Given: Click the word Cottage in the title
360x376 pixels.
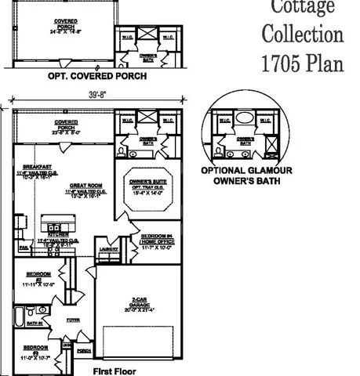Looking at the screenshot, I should (303, 7).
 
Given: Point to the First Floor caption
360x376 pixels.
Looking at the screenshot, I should (115, 370).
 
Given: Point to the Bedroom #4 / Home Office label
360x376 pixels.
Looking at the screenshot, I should (155, 240).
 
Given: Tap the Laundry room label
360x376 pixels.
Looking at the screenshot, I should (109, 250).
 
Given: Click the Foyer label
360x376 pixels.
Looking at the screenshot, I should (73, 320).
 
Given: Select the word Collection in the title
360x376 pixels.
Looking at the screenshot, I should (303, 34).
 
